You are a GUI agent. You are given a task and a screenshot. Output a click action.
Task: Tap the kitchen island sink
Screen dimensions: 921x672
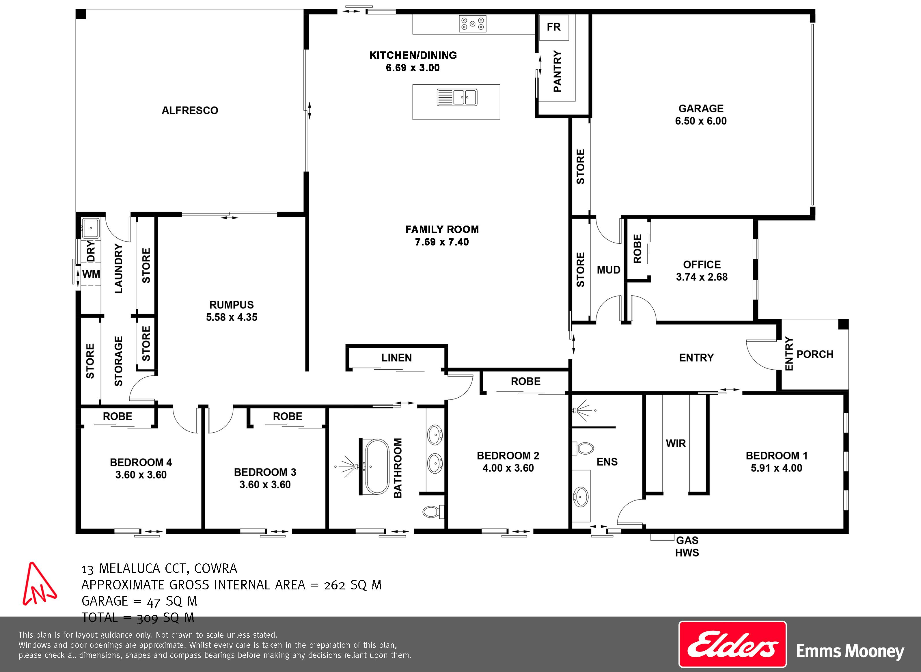coord(457,97)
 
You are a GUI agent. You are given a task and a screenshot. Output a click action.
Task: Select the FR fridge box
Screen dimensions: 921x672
coord(554,27)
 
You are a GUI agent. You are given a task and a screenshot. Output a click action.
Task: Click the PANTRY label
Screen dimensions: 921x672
coord(558,71)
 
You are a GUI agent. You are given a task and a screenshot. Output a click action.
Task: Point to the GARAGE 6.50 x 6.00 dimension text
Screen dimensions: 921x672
coord(701,121)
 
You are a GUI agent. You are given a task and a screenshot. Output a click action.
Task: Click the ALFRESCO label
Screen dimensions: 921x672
coord(190,110)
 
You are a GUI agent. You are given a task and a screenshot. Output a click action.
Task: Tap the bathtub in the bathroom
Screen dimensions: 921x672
coord(377,467)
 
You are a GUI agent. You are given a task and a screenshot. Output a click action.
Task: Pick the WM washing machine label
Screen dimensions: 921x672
coord(91,274)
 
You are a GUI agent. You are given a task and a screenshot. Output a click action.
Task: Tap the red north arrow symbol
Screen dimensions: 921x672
coord(39,584)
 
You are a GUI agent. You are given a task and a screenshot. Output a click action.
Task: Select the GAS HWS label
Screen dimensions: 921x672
coord(687,546)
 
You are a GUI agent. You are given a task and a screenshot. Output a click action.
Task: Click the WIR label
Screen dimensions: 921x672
coord(676,443)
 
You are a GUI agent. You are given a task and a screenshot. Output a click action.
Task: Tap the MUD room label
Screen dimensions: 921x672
coord(608,270)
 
